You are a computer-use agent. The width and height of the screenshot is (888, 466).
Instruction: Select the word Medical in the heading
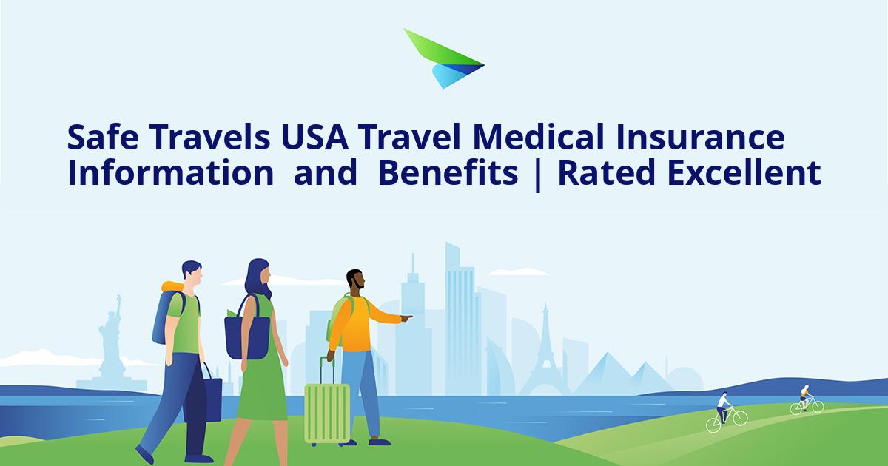click(559, 138)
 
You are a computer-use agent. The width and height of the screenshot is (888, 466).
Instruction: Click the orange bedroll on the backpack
click(172, 287)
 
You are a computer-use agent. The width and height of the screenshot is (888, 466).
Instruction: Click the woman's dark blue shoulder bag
click(246, 337)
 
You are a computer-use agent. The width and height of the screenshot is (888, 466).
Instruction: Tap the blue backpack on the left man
click(166, 318)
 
